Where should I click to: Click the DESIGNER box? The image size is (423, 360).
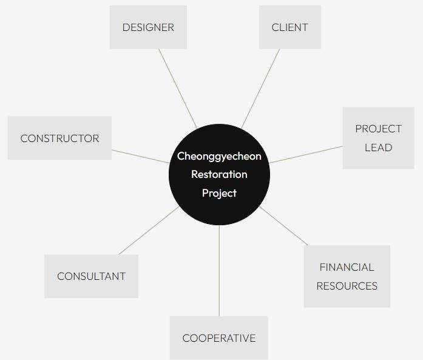148,27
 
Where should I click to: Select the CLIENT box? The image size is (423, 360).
289,27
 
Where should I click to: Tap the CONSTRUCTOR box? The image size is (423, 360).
59,138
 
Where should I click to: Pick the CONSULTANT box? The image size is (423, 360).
91,276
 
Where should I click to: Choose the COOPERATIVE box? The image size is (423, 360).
218,338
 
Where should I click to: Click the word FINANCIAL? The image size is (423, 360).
347,267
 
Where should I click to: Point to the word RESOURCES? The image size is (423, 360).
347,286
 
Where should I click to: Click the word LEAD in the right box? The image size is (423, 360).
378,148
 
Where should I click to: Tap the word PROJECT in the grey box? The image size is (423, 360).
378,129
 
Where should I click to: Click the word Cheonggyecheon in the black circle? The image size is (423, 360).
219,156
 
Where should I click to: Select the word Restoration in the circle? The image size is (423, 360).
219,174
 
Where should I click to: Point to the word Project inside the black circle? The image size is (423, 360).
219,193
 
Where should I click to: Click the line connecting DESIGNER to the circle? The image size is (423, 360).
178,89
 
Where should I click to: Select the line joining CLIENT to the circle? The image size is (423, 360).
261,89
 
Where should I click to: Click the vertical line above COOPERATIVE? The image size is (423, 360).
219,270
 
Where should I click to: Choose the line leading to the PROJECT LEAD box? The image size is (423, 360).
306,154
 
